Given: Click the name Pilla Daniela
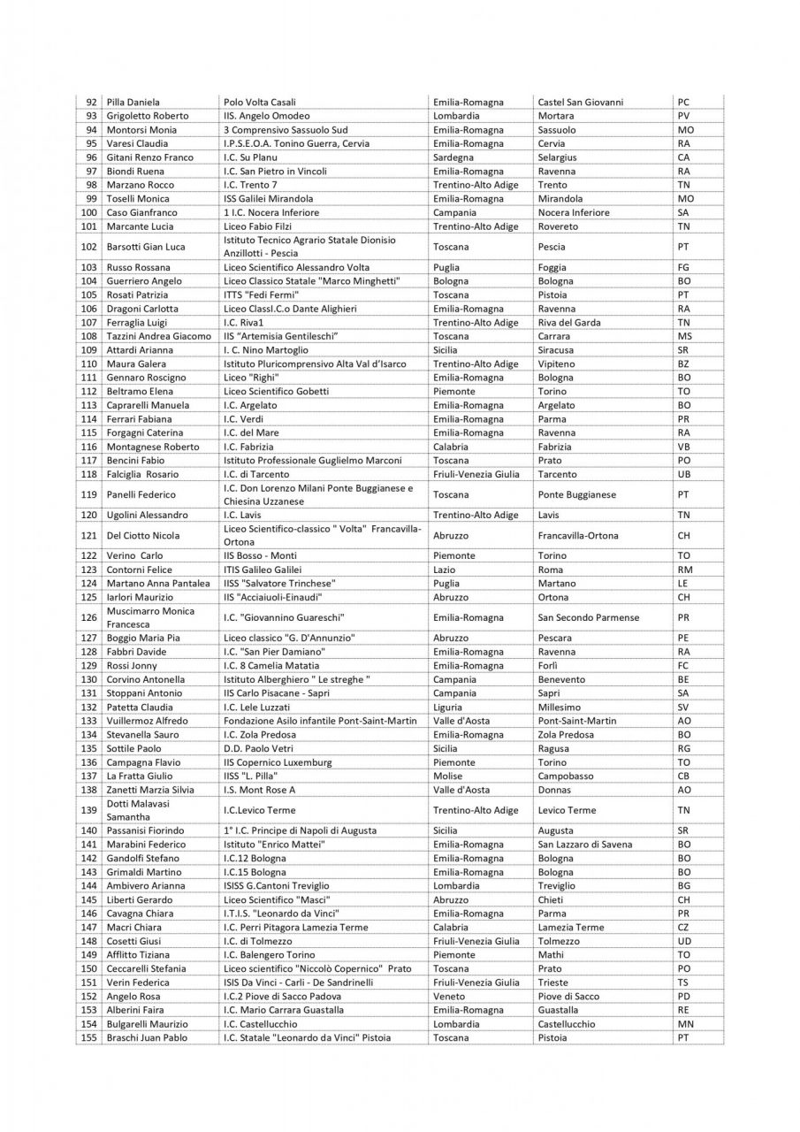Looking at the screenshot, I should pos(133,102).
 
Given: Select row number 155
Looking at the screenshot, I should pos(88,1037).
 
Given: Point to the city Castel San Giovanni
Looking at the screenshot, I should pos(580,102).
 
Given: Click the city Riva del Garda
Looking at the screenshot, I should pos(568,323).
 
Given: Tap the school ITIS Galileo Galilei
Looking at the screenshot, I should pos(263,570).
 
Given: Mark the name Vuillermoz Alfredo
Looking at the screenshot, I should pos(147,721).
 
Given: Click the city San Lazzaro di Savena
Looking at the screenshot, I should pos(584,845).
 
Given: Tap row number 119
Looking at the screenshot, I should pos(88,494).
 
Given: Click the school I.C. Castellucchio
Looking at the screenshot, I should pos(267,1024).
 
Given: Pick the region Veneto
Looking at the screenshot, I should pos(450,996).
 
